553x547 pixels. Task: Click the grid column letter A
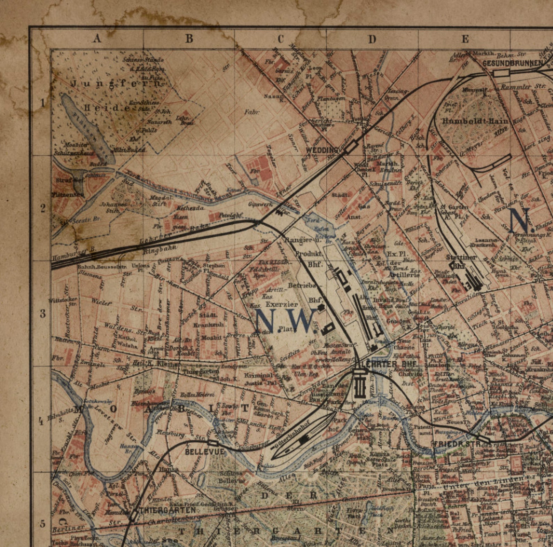tap(97, 38)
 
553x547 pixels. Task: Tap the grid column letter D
tap(372, 39)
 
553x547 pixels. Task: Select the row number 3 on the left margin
tap(42, 313)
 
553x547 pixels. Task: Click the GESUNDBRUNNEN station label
tap(513, 63)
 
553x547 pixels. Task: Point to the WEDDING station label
tap(322, 150)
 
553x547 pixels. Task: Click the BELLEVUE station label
tap(204, 452)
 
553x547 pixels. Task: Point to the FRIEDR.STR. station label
tap(457, 444)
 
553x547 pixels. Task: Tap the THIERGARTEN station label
tap(168, 510)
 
